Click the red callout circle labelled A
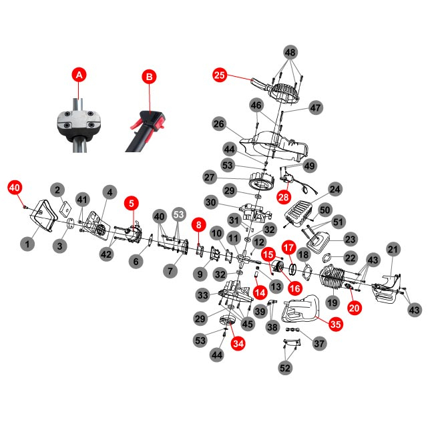click(79, 75)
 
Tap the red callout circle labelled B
click(149, 77)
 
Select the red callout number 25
click(220, 75)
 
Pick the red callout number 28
click(283, 198)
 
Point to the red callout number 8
click(198, 226)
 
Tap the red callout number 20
click(354, 308)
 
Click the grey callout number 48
click(290, 52)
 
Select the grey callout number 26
click(219, 124)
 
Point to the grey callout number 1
click(27, 244)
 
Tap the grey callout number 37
click(319, 343)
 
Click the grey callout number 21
click(394, 250)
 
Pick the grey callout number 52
click(286, 368)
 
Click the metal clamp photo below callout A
click(79, 122)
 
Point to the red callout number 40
click(15, 188)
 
